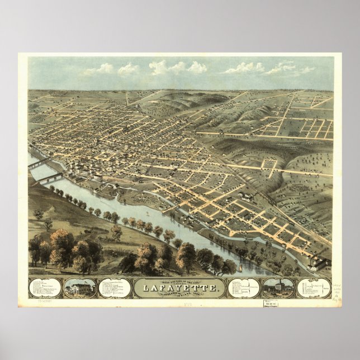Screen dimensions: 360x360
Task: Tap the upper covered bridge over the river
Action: [x=42, y=163]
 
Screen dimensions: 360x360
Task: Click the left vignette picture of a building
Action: [x=79, y=288]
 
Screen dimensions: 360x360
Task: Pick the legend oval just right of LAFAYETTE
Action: [x=244, y=288]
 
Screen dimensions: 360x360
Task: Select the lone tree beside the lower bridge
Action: [x=39, y=214]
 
